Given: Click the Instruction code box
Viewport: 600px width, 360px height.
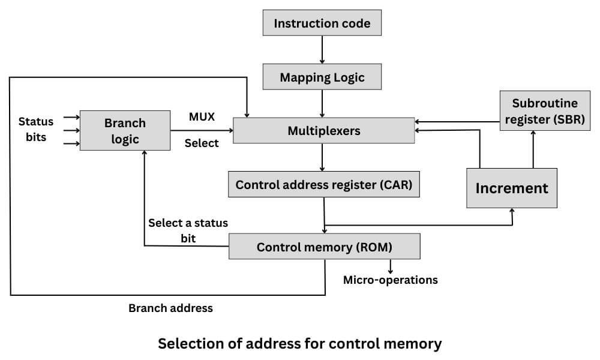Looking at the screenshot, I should pyautogui.click(x=322, y=23).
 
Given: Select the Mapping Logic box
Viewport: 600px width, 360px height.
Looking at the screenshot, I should pyautogui.click(x=322, y=77).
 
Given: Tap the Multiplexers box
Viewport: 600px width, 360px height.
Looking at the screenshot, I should pyautogui.click(x=323, y=130).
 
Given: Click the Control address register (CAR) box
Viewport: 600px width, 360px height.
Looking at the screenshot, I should pyautogui.click(x=323, y=185).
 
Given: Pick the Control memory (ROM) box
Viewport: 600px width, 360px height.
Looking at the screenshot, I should pyautogui.click(x=324, y=247).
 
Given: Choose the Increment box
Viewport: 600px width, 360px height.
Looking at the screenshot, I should pyautogui.click(x=512, y=188).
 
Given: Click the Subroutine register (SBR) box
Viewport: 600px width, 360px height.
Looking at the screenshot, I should pyautogui.click(x=544, y=112).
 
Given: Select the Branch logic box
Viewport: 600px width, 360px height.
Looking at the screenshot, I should pyautogui.click(x=125, y=131).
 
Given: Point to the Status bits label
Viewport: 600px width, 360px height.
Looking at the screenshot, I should pyautogui.click(x=36, y=129).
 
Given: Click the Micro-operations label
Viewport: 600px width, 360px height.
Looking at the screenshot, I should pyautogui.click(x=390, y=280).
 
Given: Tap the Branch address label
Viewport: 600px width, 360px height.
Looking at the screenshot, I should pyautogui.click(x=170, y=308).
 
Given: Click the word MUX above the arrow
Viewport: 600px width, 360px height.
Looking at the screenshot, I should pyautogui.click(x=202, y=116).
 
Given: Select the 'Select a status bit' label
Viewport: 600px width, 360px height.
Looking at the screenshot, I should pyautogui.click(x=188, y=230).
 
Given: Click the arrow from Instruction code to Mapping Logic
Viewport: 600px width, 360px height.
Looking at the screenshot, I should pyautogui.click(x=322, y=50).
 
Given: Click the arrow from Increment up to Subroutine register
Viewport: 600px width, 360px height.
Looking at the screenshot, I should pyautogui.click(x=532, y=149).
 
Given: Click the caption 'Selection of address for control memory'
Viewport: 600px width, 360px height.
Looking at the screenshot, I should pyautogui.click(x=299, y=344).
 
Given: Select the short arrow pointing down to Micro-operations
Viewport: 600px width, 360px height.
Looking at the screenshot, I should pyautogui.click(x=391, y=266).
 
